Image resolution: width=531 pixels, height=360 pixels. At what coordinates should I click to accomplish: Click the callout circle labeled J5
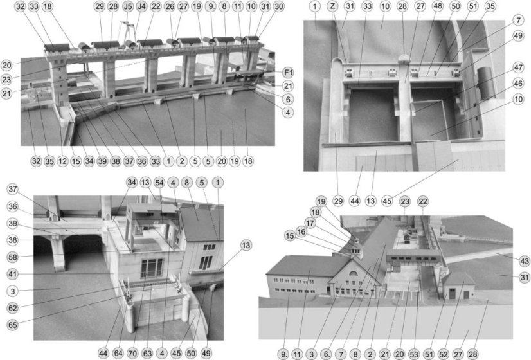tap(128, 6)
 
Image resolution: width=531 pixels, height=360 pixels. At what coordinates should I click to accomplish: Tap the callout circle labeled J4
tap(141, 6)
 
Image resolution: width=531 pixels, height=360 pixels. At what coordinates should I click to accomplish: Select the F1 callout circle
tap(288, 73)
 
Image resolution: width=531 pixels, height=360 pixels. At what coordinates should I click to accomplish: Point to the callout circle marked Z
tap(333, 6)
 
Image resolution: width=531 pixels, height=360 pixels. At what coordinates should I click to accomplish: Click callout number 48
tap(438, 6)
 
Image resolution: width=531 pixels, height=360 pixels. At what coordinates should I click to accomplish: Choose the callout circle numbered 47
tap(519, 67)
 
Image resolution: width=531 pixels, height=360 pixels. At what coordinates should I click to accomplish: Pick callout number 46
tap(519, 84)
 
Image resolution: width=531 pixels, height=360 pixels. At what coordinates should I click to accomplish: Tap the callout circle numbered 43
tap(525, 261)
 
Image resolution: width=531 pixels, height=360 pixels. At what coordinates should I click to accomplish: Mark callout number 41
tap(13, 274)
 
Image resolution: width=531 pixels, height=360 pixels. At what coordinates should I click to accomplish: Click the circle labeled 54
tap(159, 183)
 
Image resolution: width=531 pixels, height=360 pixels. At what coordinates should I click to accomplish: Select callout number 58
tap(13, 257)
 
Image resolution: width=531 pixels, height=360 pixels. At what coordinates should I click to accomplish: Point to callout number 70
tap(132, 354)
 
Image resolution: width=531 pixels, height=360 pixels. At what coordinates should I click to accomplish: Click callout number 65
tap(13, 325)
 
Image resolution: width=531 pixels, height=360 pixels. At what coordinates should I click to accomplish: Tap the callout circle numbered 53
tap(414, 355)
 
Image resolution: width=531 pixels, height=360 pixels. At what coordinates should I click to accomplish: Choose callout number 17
tap(310, 223)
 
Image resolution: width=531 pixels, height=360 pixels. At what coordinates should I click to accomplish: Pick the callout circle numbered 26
tap(170, 6)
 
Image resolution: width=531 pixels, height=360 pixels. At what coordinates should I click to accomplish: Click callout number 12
tap(62, 161)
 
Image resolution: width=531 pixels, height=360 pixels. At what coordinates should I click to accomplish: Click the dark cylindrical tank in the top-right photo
tap(486, 81)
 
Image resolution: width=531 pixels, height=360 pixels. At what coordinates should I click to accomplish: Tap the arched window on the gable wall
tap(353, 273)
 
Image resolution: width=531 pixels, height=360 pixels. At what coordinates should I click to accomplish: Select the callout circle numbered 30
tap(279, 6)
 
